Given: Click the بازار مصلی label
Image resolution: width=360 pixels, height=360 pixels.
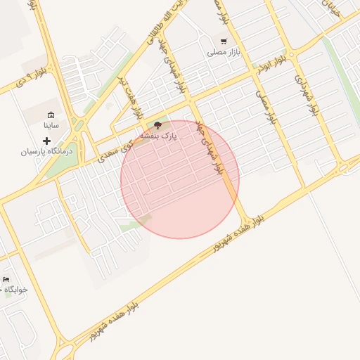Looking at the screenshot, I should tap(224, 53).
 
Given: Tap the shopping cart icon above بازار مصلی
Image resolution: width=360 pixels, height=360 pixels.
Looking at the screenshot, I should tap(224, 41).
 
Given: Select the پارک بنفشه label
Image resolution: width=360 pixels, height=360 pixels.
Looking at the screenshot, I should tap(159, 134).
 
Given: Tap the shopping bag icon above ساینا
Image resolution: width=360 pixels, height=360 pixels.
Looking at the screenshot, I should tap(50, 115).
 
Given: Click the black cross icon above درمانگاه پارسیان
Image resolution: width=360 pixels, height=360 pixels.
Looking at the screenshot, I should tap(47, 141).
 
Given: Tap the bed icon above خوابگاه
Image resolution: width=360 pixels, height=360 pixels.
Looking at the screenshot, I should tap(6, 279).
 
